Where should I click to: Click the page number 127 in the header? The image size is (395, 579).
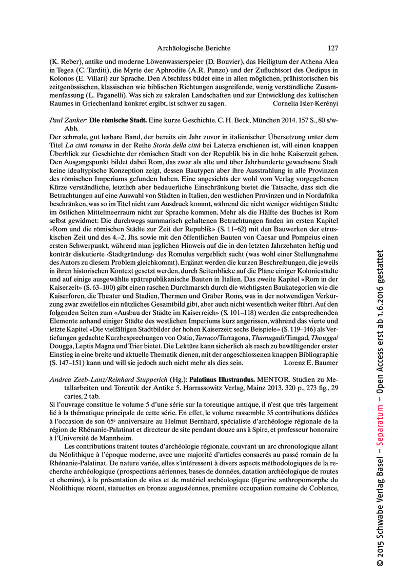pos(333,49)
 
